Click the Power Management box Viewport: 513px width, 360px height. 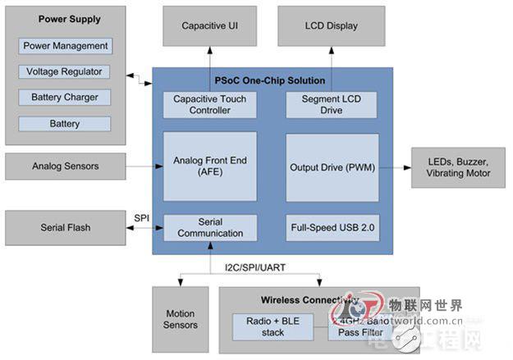(x=66, y=46)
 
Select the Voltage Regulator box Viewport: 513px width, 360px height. (x=66, y=71)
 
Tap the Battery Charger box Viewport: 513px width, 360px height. (x=66, y=98)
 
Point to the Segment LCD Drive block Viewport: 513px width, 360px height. (x=332, y=104)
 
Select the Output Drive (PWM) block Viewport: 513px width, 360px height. (x=332, y=167)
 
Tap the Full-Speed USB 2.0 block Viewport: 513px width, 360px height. (x=332, y=226)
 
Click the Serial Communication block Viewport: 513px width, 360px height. (x=210, y=227)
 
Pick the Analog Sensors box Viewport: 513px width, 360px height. (x=66, y=166)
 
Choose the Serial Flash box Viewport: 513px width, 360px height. (x=66, y=226)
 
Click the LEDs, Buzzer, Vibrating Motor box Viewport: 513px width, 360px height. (x=459, y=167)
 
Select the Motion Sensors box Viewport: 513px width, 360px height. (x=181, y=320)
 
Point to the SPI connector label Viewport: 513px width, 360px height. (x=140, y=217)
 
